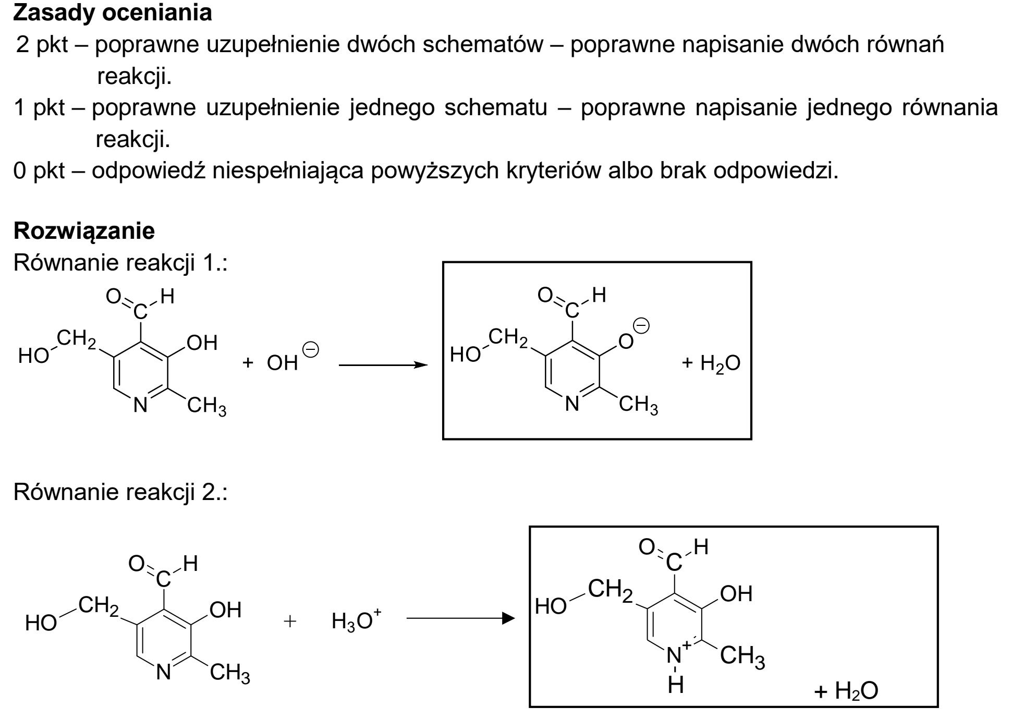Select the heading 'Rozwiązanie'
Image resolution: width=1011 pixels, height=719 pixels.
click(84, 231)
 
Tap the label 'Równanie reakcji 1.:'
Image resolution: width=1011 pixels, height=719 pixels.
click(120, 263)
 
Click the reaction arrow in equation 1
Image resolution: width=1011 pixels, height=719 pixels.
click(383, 365)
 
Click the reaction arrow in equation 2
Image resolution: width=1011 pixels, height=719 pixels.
click(460, 619)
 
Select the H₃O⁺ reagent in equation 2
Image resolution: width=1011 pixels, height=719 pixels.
click(357, 620)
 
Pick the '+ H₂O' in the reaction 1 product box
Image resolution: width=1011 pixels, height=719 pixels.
click(711, 363)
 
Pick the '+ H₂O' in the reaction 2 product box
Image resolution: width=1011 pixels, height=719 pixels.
click(846, 691)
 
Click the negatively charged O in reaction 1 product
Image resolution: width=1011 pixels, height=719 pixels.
click(626, 342)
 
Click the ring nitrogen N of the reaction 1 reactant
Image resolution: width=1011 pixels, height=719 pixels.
click(140, 405)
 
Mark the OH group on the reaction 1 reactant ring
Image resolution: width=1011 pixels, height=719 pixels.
click(202, 343)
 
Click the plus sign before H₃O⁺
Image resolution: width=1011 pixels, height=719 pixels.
click(290, 621)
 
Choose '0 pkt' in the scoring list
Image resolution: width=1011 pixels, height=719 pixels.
click(39, 171)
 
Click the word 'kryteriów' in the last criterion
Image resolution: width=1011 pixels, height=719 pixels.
click(552, 171)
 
